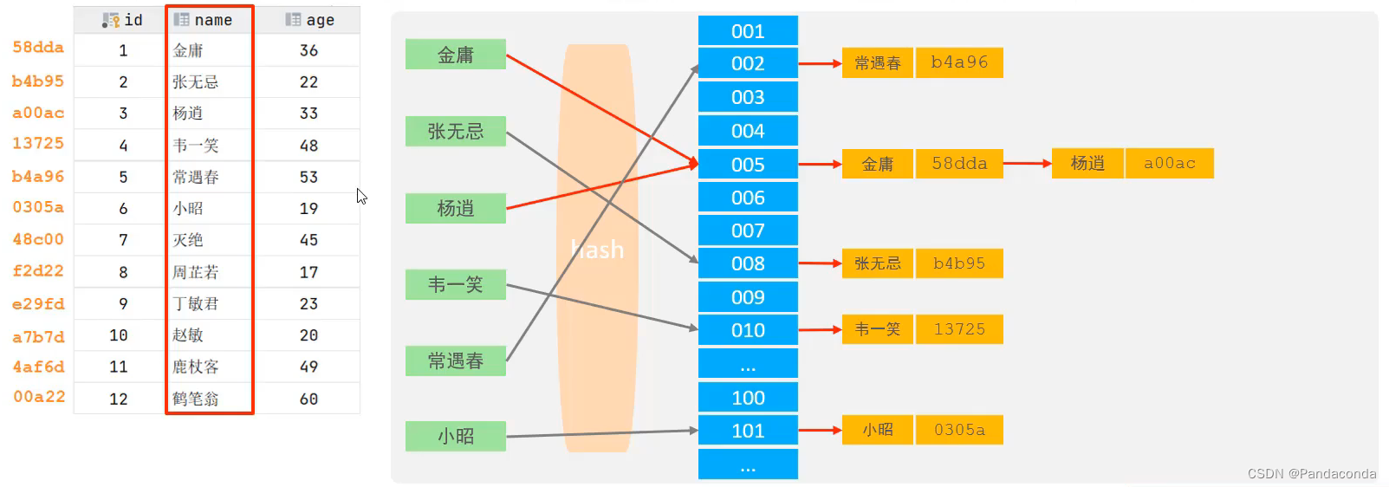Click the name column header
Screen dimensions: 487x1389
point(209,20)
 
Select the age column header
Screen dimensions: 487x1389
point(310,20)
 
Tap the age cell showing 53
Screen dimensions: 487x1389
point(308,177)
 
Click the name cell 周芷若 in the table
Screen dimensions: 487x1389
point(195,272)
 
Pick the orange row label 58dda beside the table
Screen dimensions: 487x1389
point(38,48)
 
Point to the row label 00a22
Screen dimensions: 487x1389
point(39,397)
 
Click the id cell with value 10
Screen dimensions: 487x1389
point(120,335)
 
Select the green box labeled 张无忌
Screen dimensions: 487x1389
point(455,132)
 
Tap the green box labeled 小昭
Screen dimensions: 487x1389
point(455,436)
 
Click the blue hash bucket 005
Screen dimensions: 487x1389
point(748,165)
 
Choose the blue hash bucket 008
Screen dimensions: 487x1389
point(748,263)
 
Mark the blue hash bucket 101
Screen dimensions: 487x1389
point(748,431)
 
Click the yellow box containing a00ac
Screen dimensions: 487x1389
point(1169,163)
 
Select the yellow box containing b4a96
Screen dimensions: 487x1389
point(958,62)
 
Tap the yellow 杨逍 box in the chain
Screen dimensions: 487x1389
point(1087,163)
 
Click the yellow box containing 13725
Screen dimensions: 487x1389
point(958,329)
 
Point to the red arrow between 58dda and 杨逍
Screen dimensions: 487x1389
point(1027,163)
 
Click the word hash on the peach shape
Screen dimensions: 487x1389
point(598,250)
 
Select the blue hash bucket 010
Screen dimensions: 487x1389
point(748,330)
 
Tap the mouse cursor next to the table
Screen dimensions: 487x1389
point(360,196)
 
